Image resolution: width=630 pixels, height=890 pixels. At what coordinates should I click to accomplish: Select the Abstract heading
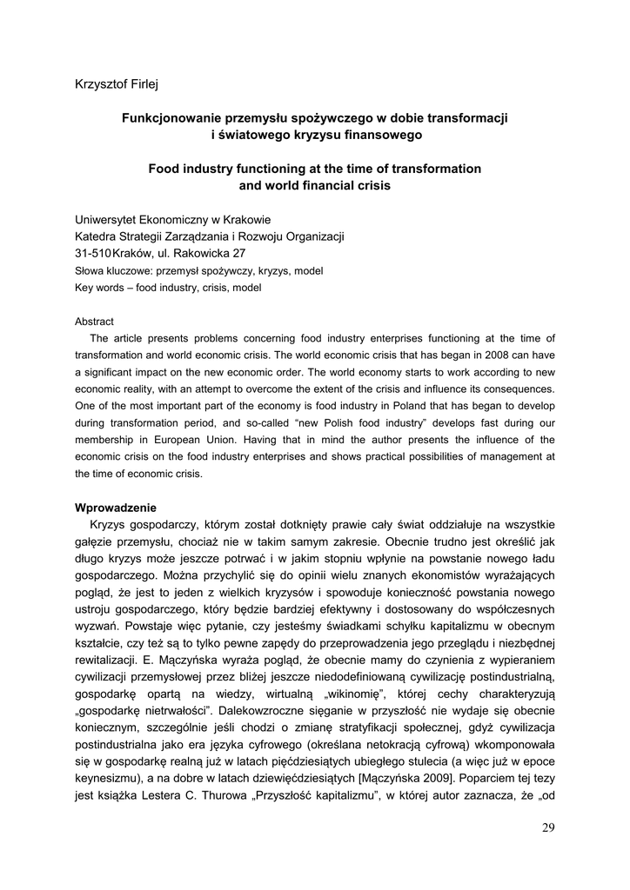click(94, 322)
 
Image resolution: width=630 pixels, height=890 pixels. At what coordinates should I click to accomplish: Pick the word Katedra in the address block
click(97, 236)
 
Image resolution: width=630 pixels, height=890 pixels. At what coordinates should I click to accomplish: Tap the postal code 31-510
click(93, 254)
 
